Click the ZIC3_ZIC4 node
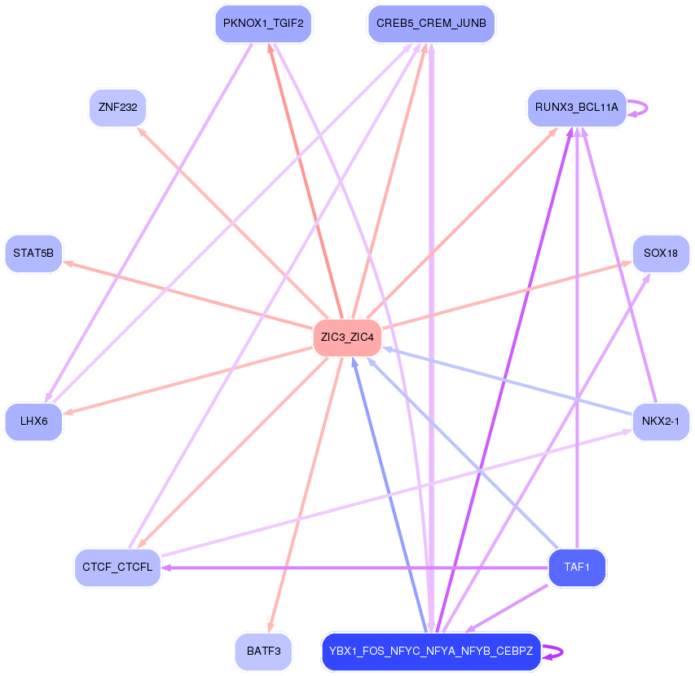pos(347,338)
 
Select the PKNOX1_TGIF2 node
pos(263,24)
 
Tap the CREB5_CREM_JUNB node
pos(431,24)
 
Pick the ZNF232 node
pos(117,108)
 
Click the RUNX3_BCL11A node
pos(577,108)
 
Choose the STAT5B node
pos(33,254)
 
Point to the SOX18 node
pos(661,254)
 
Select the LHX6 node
pos(33,422)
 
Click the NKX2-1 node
pos(661,422)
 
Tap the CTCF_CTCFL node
pos(117,568)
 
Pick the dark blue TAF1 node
pos(577,568)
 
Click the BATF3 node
pos(263,652)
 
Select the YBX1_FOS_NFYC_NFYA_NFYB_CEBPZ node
pos(431,652)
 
